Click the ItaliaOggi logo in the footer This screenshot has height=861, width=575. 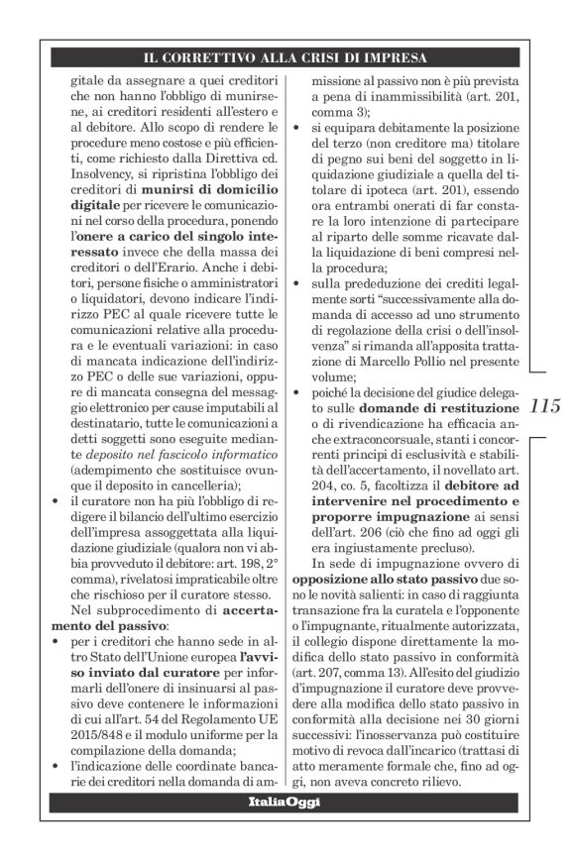[x=285, y=801]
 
